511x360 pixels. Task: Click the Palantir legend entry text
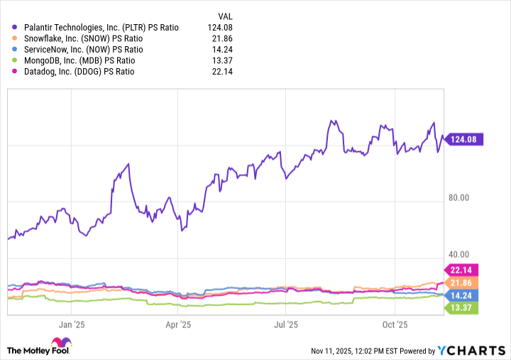pos(101,27)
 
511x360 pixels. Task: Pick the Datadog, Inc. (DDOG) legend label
pos(84,72)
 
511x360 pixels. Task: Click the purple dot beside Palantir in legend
pos(15,27)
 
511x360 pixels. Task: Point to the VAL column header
pos(225,15)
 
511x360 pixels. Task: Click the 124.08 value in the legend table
pos(221,27)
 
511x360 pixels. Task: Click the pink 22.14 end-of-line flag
pos(461,270)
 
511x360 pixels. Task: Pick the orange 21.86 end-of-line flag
pos(461,283)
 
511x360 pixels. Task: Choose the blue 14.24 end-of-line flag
pos(461,295)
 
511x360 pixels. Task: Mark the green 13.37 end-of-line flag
pos(461,307)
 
